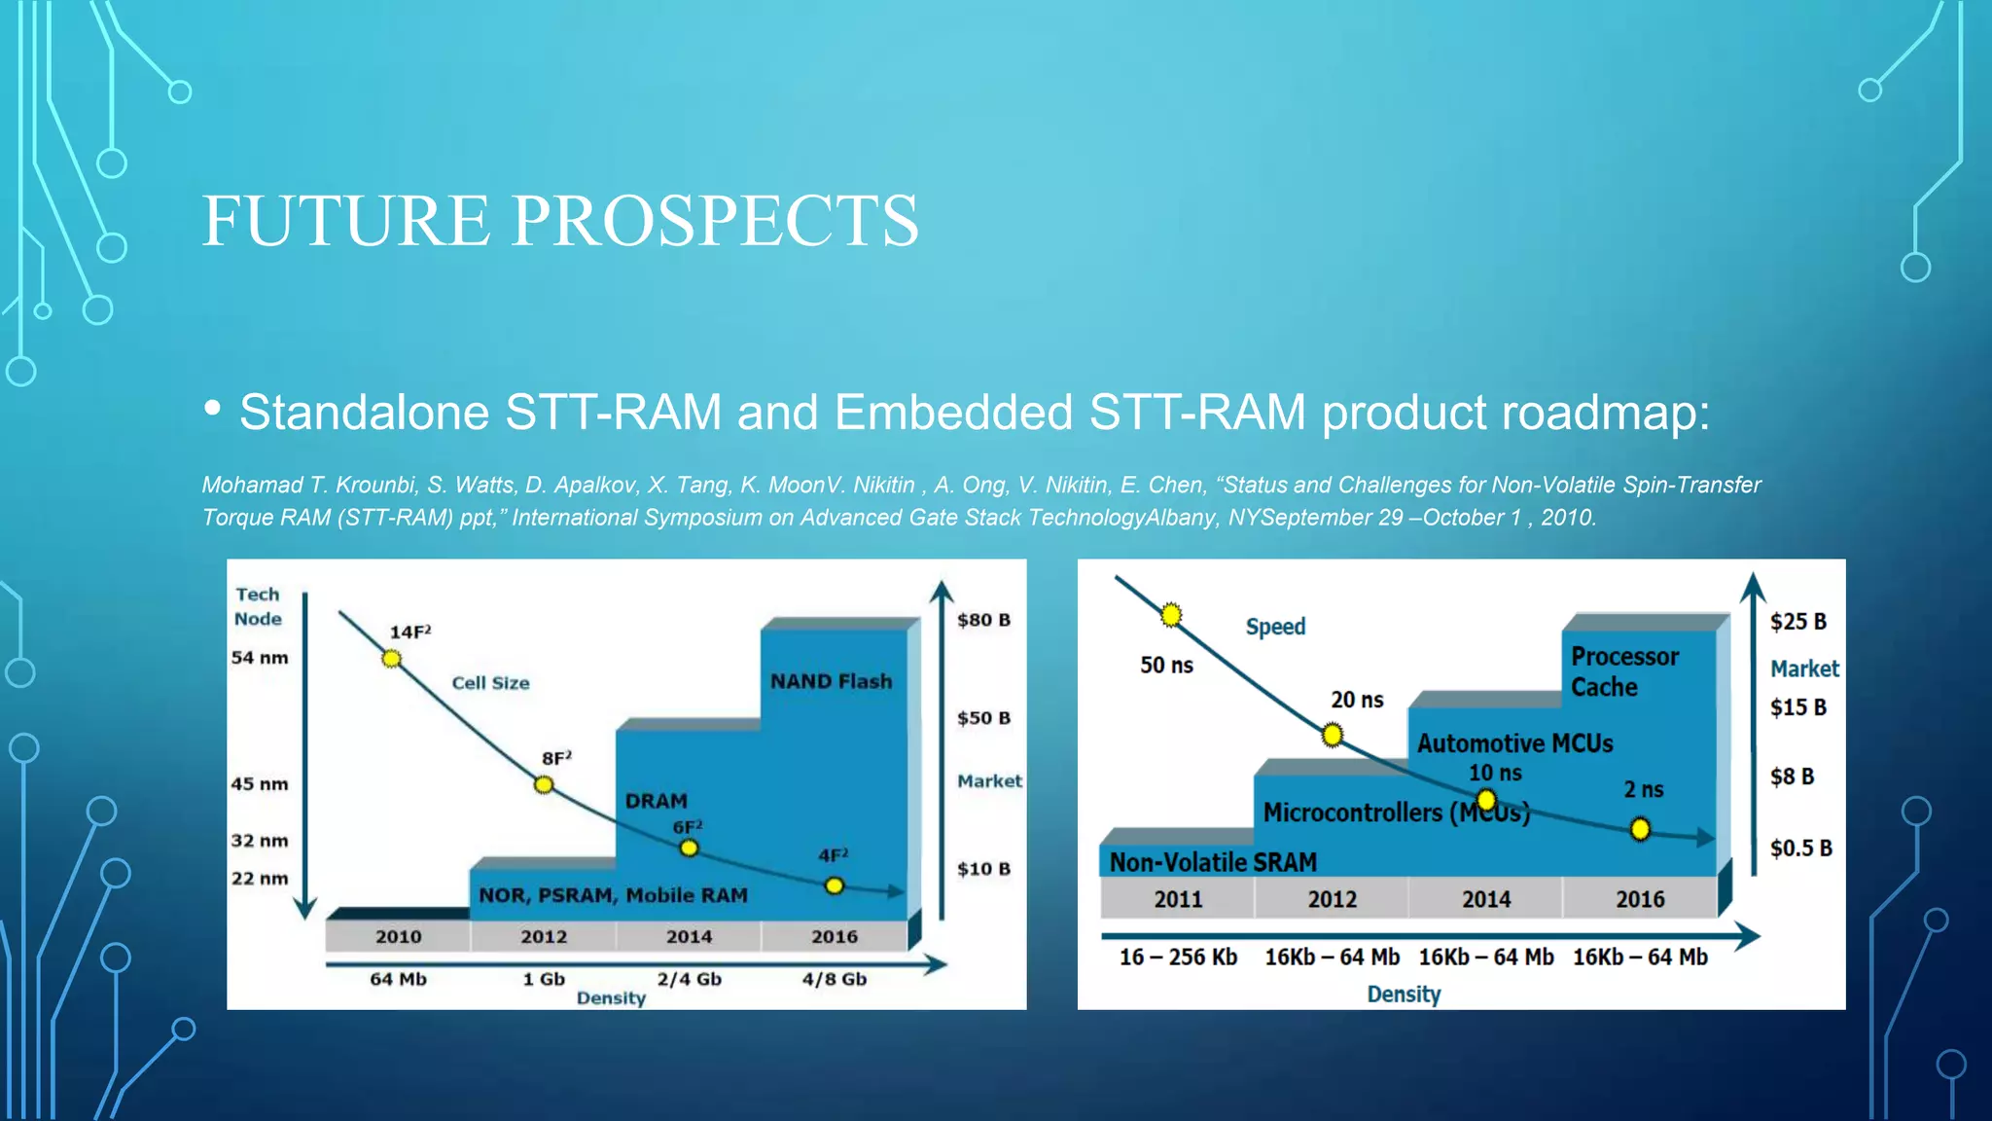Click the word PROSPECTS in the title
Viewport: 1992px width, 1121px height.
point(715,221)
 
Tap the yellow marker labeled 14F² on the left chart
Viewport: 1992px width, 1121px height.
point(391,659)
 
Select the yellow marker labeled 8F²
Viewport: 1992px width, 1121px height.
point(544,784)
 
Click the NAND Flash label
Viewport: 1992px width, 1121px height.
point(831,681)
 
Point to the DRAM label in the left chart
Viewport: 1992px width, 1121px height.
point(656,801)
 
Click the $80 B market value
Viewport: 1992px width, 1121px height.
point(983,620)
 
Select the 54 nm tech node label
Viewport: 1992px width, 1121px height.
point(260,658)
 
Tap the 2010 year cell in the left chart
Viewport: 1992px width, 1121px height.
point(398,936)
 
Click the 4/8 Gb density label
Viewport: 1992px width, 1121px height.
point(834,979)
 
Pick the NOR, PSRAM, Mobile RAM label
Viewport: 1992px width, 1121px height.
point(613,895)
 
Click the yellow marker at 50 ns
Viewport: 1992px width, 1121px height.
point(1171,615)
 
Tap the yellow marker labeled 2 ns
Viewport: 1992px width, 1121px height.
point(1640,829)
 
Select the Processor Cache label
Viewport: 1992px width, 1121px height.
point(1624,671)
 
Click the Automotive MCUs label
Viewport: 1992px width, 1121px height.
point(1514,743)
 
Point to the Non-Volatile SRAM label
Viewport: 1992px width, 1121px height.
point(1213,862)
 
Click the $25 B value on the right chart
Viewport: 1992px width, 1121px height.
point(1797,622)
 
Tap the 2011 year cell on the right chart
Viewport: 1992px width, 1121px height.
point(1178,899)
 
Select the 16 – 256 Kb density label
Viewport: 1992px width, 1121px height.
point(1178,958)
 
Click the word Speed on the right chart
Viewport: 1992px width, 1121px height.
point(1275,627)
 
